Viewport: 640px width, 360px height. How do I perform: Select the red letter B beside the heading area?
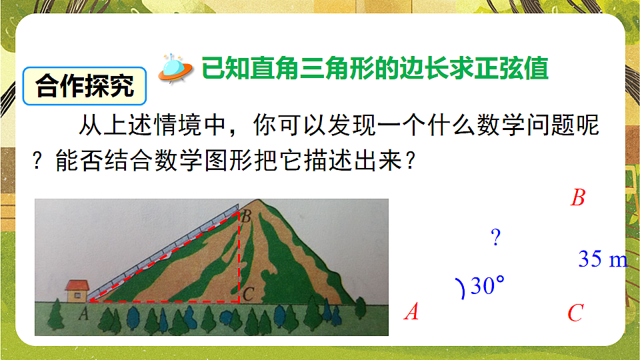pos(577,198)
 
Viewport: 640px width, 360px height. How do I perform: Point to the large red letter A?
pos(412,311)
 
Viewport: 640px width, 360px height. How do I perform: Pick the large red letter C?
pos(575,313)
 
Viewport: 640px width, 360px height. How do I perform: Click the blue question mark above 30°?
pos(495,237)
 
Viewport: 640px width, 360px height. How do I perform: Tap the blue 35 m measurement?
pos(602,259)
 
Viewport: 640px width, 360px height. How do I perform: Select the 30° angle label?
pos(487,287)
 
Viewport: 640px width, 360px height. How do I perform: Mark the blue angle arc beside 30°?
pos(460,289)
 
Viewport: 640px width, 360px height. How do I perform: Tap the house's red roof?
pos(76,284)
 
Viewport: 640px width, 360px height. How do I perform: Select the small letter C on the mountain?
pos(247,292)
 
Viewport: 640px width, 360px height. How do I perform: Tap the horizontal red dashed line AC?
pos(163,301)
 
